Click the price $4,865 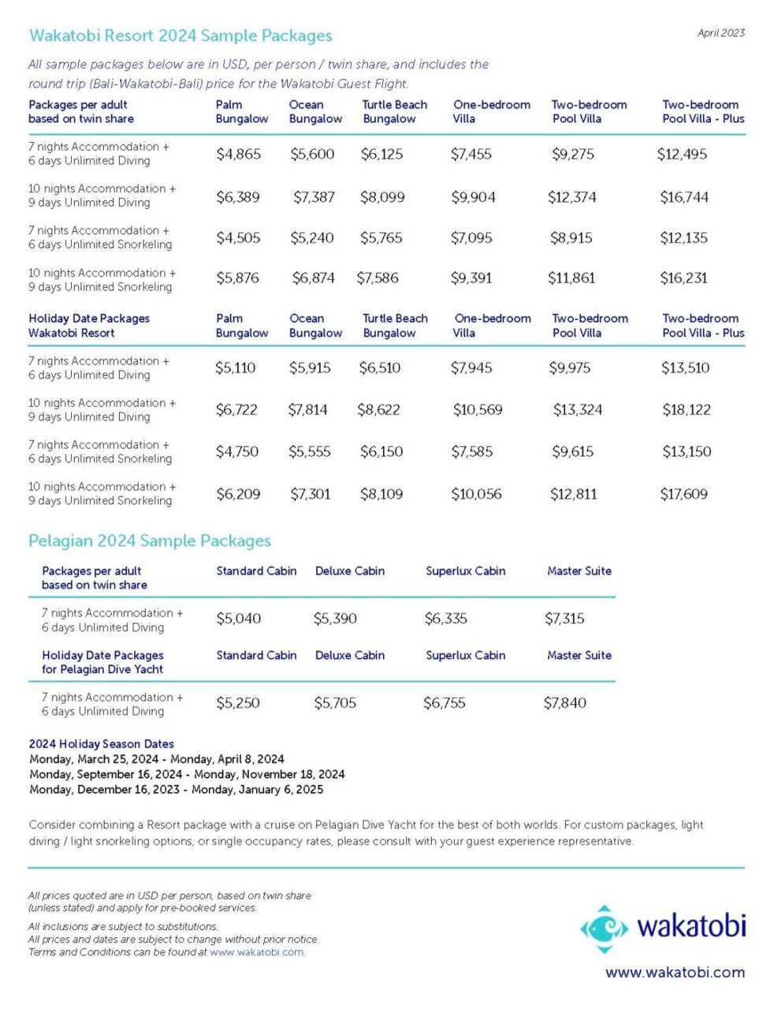pyautogui.click(x=238, y=154)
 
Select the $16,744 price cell pyautogui.click(x=684, y=197)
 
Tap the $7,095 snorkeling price pyautogui.click(x=471, y=238)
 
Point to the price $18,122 pyautogui.click(x=687, y=410)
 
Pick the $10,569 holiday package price pyautogui.click(x=478, y=410)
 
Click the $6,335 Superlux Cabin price pyautogui.click(x=445, y=619)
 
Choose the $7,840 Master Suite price pyautogui.click(x=564, y=702)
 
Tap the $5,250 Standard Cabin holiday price pyautogui.click(x=238, y=702)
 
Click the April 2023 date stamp pyautogui.click(x=720, y=33)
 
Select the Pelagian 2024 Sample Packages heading pyautogui.click(x=150, y=541)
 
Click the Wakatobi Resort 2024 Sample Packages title pyautogui.click(x=180, y=35)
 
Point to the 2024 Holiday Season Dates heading pyautogui.click(x=101, y=743)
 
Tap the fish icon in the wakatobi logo pyautogui.click(x=605, y=929)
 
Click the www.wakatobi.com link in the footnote pyautogui.click(x=257, y=952)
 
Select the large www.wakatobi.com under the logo pyautogui.click(x=675, y=972)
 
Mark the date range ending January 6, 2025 pyautogui.click(x=176, y=789)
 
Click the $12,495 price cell pyautogui.click(x=682, y=154)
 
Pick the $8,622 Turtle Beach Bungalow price pyautogui.click(x=378, y=410)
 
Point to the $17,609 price pyautogui.click(x=683, y=493)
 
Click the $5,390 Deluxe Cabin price pyautogui.click(x=335, y=619)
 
